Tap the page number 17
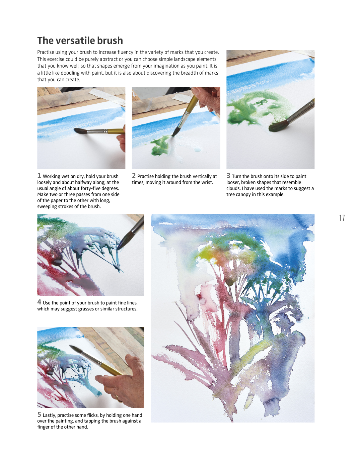click(342, 218)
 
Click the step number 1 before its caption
click(39, 176)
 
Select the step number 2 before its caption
click(134, 176)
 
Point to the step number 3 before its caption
click(228, 176)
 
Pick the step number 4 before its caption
click(39, 302)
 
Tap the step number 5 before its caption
click(39, 414)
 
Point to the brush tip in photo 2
click(173, 135)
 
